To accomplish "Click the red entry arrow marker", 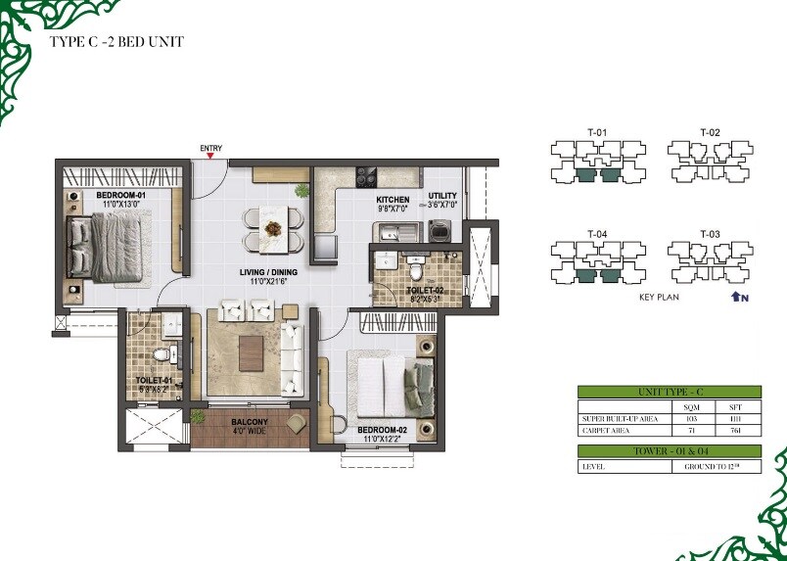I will point(211,157).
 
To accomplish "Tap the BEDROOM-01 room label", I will point(120,196).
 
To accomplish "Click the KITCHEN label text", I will point(393,200).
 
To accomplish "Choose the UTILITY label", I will point(442,197).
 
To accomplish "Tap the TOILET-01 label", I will point(154,380).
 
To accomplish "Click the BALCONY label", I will point(250,423).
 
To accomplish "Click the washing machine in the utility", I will point(441,233).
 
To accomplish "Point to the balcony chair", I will point(296,422).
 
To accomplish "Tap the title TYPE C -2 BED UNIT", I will point(116,42).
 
